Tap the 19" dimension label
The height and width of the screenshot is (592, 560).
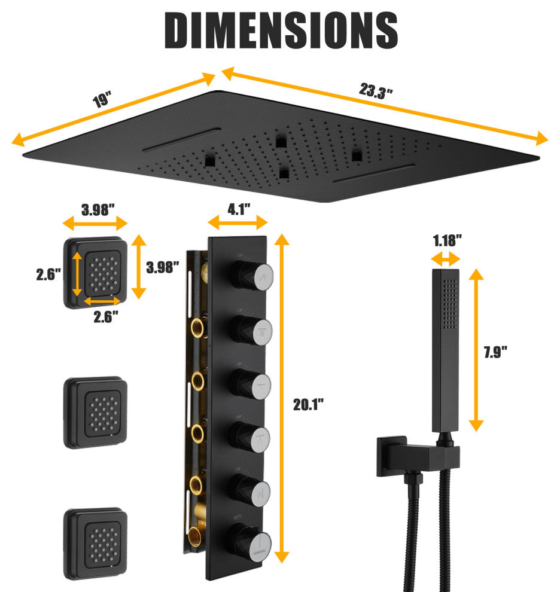point(102,99)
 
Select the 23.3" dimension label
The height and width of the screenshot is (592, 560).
point(376,91)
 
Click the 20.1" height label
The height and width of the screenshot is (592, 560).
point(308,405)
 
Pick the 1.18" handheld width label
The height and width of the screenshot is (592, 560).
point(447,242)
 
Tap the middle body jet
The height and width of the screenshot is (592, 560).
point(96,413)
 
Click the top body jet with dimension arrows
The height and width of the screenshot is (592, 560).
point(96,272)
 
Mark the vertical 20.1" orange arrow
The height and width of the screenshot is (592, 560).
point(281,398)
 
